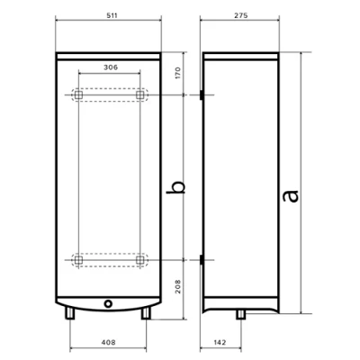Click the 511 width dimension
click(109, 17)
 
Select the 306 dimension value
click(109, 67)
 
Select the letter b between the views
click(178, 186)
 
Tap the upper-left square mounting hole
click(78, 94)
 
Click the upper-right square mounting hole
click(139, 94)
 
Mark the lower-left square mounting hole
click(78, 260)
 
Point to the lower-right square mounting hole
click(139, 260)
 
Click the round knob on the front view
click(109, 302)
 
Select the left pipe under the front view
click(70, 313)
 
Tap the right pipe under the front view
click(147, 313)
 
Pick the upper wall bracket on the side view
click(205, 94)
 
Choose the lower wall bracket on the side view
click(205, 260)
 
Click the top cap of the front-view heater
click(109, 45)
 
